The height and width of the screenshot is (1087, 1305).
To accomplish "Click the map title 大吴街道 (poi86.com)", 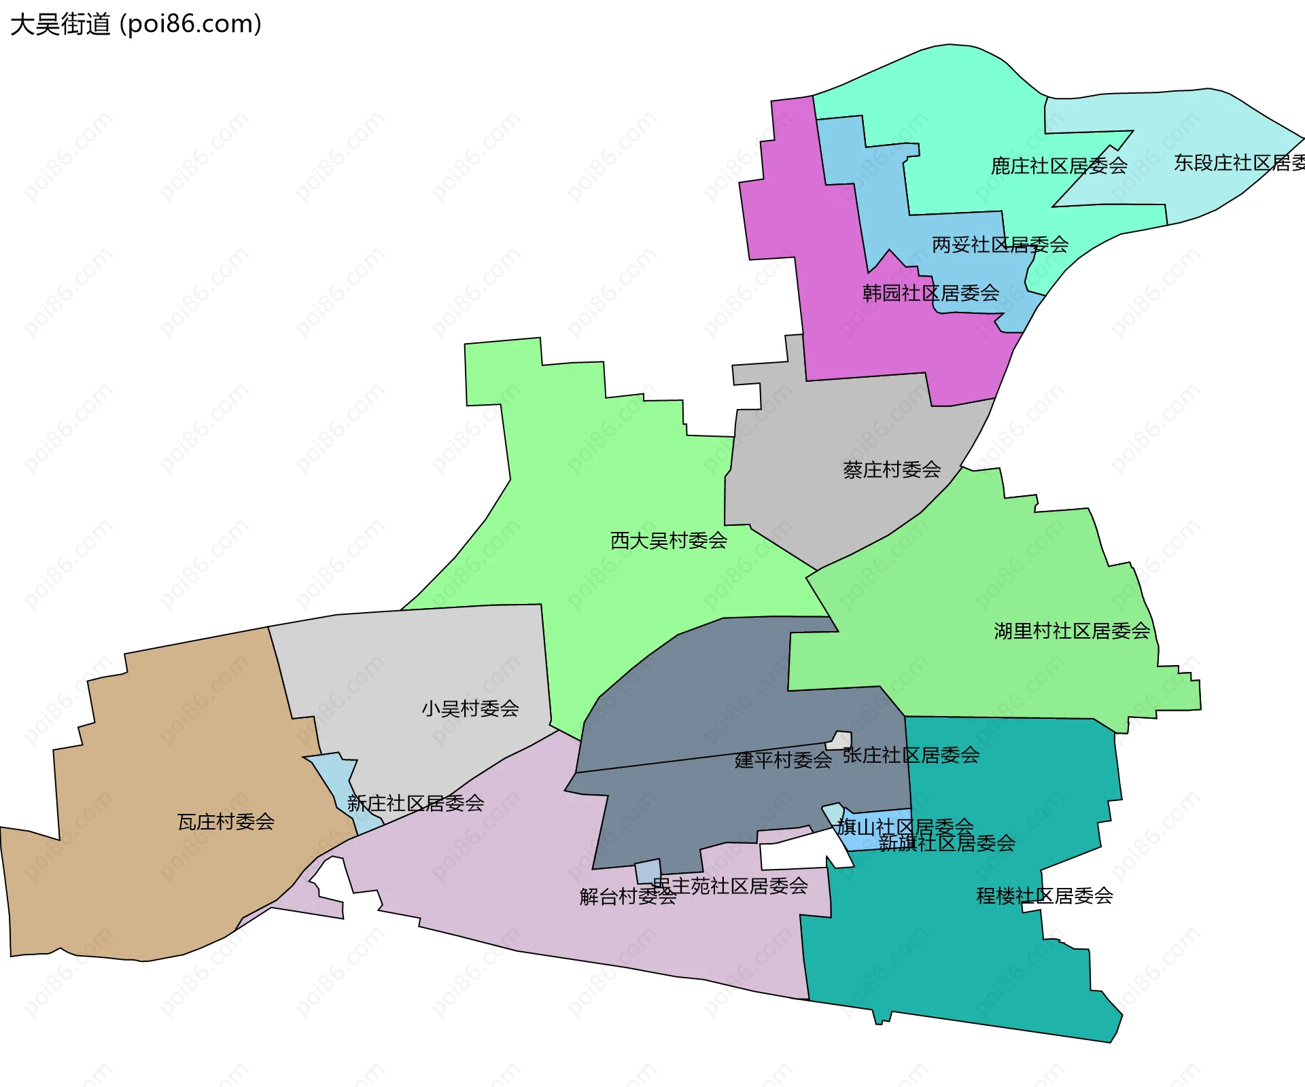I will click(x=136, y=24).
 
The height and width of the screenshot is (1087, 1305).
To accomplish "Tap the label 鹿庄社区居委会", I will click(x=1059, y=166).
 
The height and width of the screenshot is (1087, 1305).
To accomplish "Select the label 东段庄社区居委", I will click(x=1238, y=163).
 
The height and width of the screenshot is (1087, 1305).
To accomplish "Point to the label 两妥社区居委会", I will click(x=1000, y=245).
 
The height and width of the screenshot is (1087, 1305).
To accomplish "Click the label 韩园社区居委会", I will click(x=930, y=293).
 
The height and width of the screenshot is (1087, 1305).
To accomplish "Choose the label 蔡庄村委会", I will click(x=892, y=469).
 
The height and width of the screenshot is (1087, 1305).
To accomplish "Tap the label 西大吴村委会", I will click(x=669, y=541).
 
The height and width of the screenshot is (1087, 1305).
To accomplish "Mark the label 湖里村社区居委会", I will click(x=1072, y=631).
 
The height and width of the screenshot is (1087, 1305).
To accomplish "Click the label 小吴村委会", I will click(x=470, y=709).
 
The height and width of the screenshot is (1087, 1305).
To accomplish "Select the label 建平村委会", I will click(x=783, y=760).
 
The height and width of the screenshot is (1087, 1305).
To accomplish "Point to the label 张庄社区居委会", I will click(x=911, y=755).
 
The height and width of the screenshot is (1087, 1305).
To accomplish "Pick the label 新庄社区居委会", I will click(x=415, y=803).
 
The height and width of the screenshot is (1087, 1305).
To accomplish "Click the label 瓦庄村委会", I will click(x=226, y=822).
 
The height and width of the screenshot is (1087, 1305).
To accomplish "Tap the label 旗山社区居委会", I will click(x=905, y=826).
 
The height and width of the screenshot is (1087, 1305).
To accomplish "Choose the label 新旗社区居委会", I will click(x=947, y=844).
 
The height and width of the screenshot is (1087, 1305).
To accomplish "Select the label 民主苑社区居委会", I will click(x=730, y=885).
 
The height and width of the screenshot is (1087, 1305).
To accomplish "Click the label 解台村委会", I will click(x=627, y=897).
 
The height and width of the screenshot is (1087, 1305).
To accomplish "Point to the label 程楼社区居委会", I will click(x=1045, y=896).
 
